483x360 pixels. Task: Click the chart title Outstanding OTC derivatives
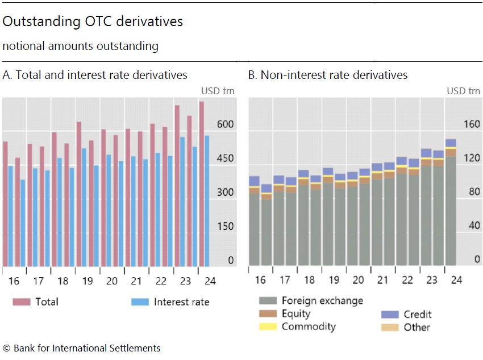pyautogui.click(x=93, y=22)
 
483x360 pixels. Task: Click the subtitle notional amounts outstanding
pyautogui.click(x=80, y=46)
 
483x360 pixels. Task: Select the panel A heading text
pyautogui.click(x=95, y=75)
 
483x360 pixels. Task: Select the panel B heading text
pyautogui.click(x=328, y=75)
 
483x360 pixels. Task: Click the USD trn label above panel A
pyautogui.click(x=218, y=91)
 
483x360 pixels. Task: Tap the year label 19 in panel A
pyautogui.click(x=88, y=281)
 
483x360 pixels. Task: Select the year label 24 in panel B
pyautogui.click(x=456, y=279)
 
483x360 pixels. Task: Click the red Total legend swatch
pyautogui.click(x=21, y=302)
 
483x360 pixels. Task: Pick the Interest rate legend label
pyautogui.click(x=181, y=302)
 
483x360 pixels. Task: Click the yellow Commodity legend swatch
pyautogui.click(x=267, y=326)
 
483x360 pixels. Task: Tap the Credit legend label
pyautogui.click(x=417, y=314)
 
